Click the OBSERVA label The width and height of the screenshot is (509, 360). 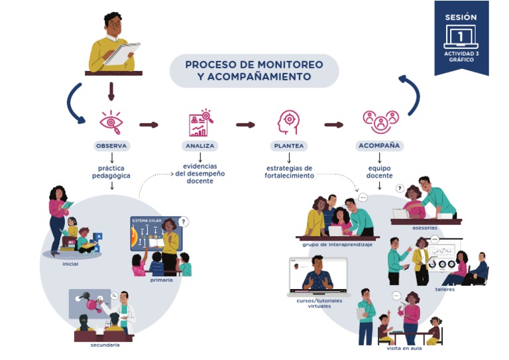[x=111, y=146]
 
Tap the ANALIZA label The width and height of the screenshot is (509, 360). [x=199, y=146]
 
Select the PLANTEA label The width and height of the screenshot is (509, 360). [x=288, y=146]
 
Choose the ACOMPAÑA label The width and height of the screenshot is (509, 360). [x=379, y=146]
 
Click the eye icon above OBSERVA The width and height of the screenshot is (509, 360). [x=111, y=122]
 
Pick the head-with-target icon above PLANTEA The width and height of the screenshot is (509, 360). [x=288, y=122]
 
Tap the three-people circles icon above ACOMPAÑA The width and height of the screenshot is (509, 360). [x=380, y=121]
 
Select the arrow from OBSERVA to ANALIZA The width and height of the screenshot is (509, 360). [x=149, y=125]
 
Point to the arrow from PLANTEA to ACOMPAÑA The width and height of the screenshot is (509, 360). [x=333, y=125]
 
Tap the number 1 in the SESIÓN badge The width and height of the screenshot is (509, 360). [x=461, y=36]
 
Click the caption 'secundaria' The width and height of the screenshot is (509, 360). [x=105, y=345]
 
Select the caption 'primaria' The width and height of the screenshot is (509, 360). [x=161, y=280]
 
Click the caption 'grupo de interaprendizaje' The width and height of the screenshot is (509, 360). [x=337, y=244]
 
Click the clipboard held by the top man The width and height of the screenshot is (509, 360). [x=122, y=53]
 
